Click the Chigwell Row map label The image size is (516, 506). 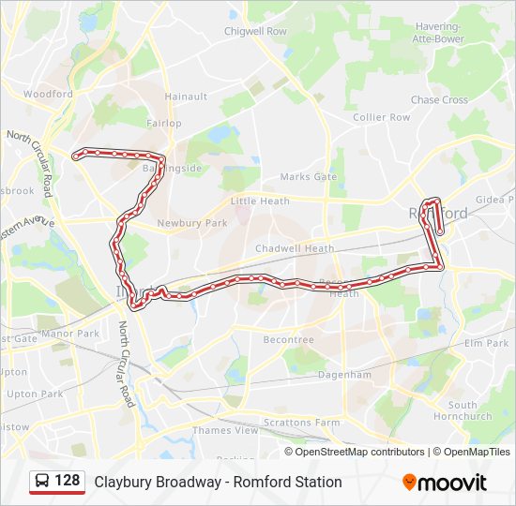coord(255,31)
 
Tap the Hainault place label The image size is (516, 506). coord(186,97)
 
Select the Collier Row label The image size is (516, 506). coord(382,117)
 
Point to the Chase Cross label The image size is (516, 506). coord(439,100)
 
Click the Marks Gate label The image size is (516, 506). coord(308,177)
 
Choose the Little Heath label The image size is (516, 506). coord(260,201)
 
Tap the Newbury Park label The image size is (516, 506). coord(192,223)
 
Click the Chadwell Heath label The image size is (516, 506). coord(295,248)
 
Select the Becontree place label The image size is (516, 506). coord(288,340)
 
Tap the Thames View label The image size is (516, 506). coord(225,431)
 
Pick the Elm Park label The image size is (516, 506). coord(485,344)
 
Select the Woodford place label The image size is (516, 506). coord(48,95)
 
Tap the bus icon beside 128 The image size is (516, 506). coord(43,482)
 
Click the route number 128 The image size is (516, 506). coord(68,482)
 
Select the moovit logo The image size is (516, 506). coord(445,483)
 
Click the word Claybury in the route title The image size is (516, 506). coord(119,483)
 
